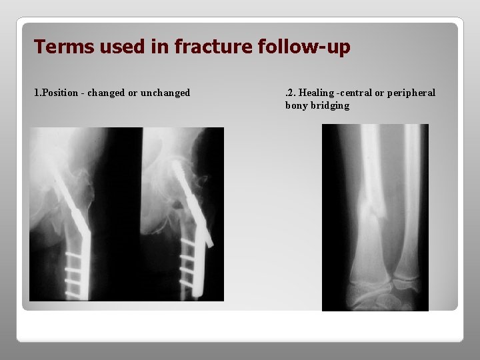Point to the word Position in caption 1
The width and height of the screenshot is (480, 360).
click(63, 93)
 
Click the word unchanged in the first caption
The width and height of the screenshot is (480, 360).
click(165, 93)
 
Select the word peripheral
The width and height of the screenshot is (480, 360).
click(410, 93)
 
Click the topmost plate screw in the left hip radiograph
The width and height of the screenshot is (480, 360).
click(77, 256)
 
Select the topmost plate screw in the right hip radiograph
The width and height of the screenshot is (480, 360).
click(189, 245)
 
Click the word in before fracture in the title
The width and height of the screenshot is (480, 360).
click(161, 47)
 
